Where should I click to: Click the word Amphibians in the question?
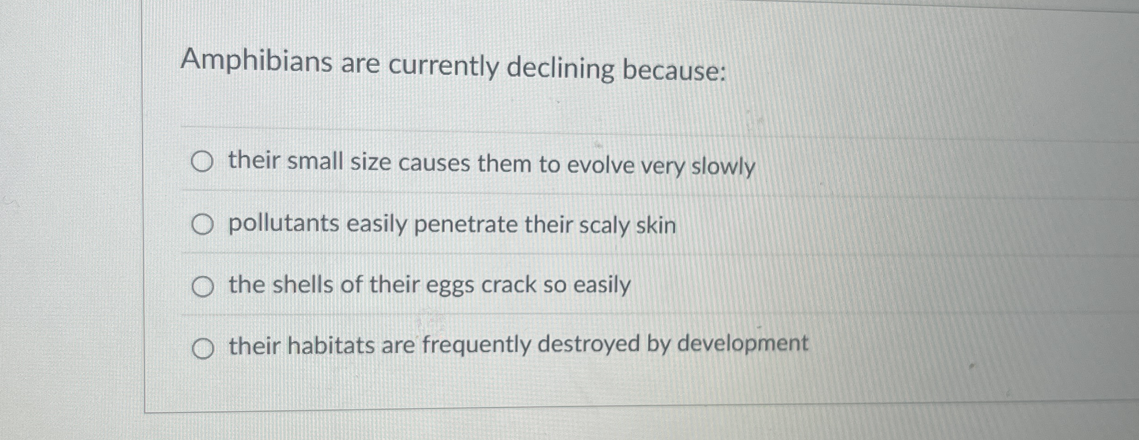click(256, 61)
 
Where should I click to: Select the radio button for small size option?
click(202, 162)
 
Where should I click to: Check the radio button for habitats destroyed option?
click(203, 349)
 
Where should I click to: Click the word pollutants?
click(284, 224)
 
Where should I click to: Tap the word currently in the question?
click(443, 66)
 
